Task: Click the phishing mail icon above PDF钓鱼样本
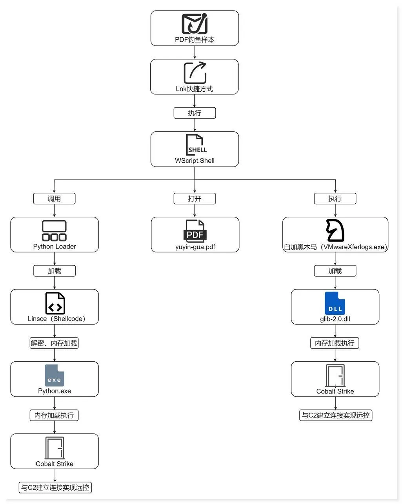point(195,24)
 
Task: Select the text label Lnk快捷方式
point(194,89)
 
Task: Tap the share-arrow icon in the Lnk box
point(195,73)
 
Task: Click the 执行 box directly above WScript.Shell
point(195,113)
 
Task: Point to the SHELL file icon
point(195,145)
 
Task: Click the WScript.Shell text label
point(195,161)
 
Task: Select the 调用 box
point(54,199)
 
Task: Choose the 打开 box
point(195,199)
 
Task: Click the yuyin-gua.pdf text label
point(195,247)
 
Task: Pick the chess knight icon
point(335,230)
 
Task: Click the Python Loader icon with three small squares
point(54,230)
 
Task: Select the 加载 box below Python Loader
point(54,271)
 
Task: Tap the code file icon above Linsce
point(55,303)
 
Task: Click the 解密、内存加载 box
point(54,343)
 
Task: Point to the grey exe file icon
point(54,375)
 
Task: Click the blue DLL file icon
point(335,303)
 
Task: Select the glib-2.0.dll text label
point(335,319)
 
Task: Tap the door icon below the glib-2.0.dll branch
point(335,375)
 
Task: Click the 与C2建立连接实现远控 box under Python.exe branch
point(55,488)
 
